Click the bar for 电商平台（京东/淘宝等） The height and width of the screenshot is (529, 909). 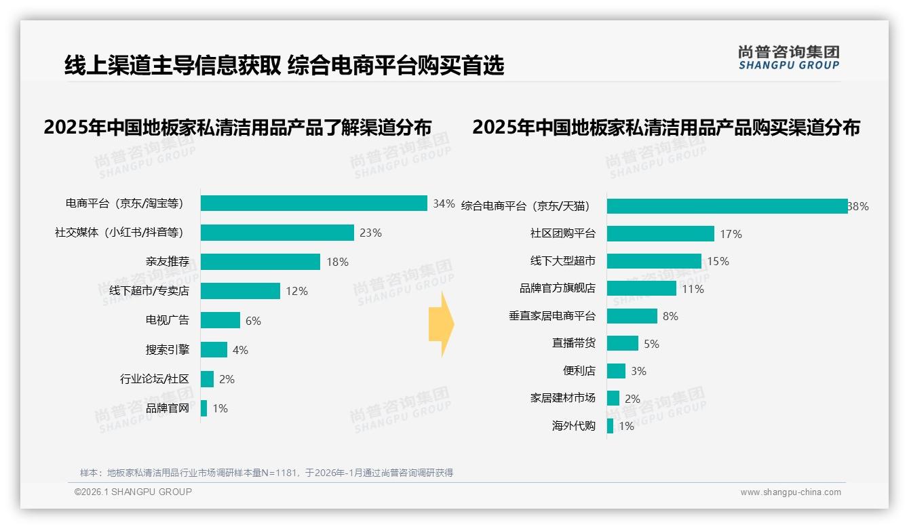coord(313,203)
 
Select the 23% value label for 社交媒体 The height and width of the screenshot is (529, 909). coord(370,233)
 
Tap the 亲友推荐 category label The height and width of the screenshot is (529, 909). coord(167,262)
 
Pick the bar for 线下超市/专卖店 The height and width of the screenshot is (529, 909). coord(240,291)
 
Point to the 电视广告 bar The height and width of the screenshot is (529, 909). coord(220,320)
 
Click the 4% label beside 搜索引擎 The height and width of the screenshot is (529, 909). coord(240,350)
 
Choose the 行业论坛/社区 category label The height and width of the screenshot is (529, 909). coord(154,379)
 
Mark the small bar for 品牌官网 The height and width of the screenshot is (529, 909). coord(204,408)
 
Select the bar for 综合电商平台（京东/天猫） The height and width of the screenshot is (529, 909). coord(727,206)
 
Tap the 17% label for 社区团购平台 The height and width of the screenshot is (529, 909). coord(731,234)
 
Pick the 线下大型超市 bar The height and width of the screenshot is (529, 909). coord(654,261)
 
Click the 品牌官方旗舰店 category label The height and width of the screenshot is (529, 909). coord(557,288)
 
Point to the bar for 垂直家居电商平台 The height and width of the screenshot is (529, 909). coord(632,316)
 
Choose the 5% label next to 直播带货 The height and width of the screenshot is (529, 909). coord(651,344)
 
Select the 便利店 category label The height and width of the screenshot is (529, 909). coord(579,371)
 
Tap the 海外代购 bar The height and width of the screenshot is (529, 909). coord(610,426)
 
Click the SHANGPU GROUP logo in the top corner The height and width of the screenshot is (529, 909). coord(788,58)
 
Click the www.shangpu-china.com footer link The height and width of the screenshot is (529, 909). coord(790,492)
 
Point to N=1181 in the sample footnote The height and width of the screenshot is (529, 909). coord(275,473)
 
